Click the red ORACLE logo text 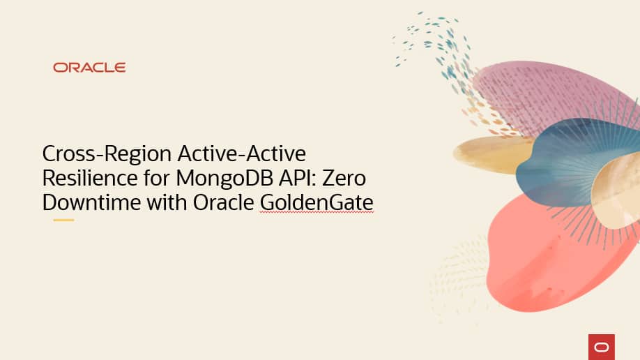(x=89, y=68)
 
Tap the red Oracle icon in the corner (x=601, y=346)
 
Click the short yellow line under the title (x=63, y=220)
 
